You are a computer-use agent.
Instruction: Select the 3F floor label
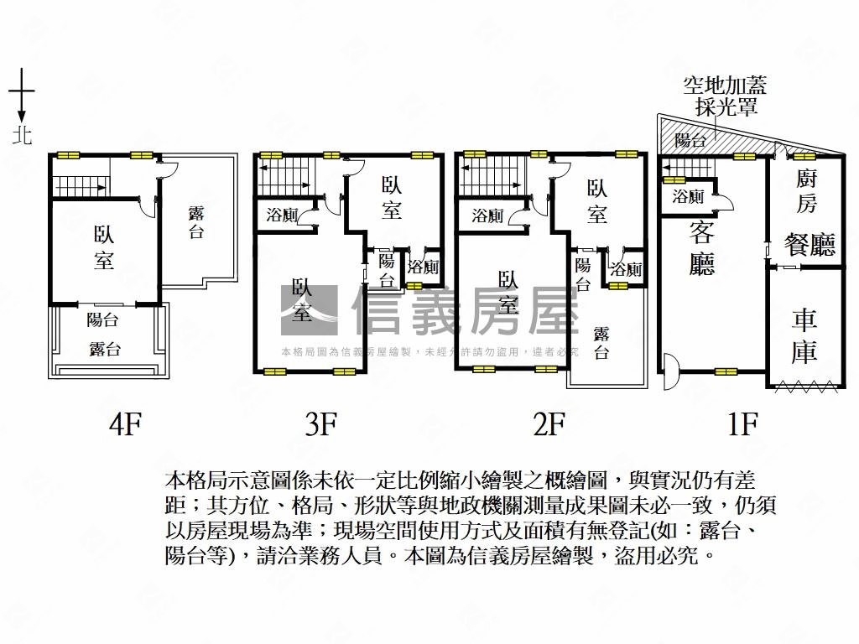tap(320, 425)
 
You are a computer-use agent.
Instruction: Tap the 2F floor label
tap(549, 425)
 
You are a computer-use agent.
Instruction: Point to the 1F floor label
tap(742, 425)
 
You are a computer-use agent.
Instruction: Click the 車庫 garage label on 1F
tap(804, 335)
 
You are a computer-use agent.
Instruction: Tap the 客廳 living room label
tap(701, 248)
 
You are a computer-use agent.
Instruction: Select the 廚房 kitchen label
tap(805, 190)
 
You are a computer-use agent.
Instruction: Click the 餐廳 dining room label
tap(810, 244)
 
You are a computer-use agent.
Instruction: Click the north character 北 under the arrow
tap(22, 135)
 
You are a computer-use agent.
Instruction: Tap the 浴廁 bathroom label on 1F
tap(689, 198)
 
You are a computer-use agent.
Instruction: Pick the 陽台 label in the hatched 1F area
tap(690, 140)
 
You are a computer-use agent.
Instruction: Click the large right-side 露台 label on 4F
tap(196, 221)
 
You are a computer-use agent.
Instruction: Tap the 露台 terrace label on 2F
tap(601, 342)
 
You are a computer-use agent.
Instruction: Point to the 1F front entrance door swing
tap(670, 371)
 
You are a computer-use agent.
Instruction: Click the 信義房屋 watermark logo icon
tap(309, 311)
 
